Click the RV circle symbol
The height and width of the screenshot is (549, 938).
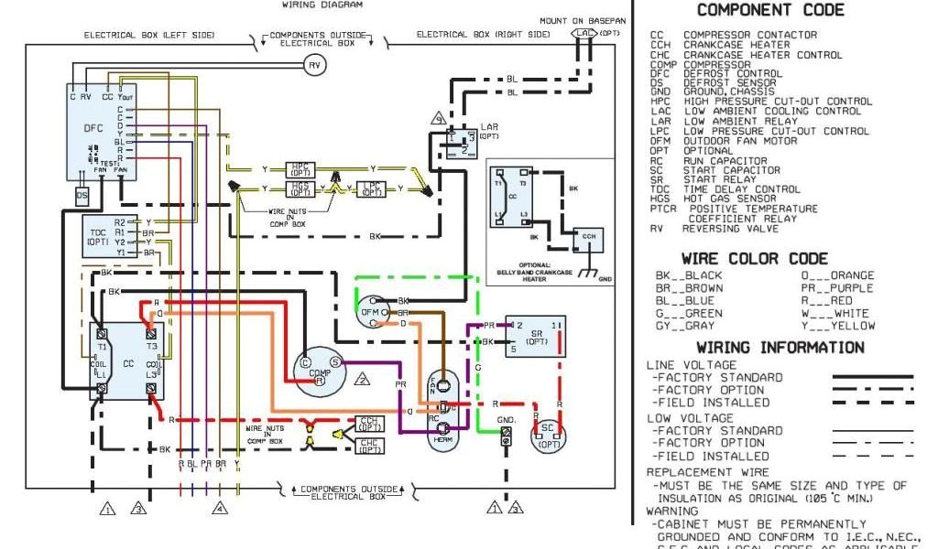click(314, 65)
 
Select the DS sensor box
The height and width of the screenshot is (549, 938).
click(82, 196)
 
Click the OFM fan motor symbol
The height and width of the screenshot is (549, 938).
click(371, 312)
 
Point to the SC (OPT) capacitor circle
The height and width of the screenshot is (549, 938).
click(549, 435)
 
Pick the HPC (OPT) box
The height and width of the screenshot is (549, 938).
click(300, 170)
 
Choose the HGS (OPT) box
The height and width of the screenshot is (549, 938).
click(300, 188)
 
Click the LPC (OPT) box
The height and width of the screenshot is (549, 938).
click(371, 188)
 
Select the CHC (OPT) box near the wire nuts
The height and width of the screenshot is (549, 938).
click(370, 446)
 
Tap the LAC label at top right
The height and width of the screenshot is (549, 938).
click(584, 33)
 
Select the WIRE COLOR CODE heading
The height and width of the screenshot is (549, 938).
click(754, 259)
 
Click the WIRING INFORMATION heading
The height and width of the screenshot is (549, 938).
click(780, 348)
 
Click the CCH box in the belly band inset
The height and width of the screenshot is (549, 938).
click(587, 236)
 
